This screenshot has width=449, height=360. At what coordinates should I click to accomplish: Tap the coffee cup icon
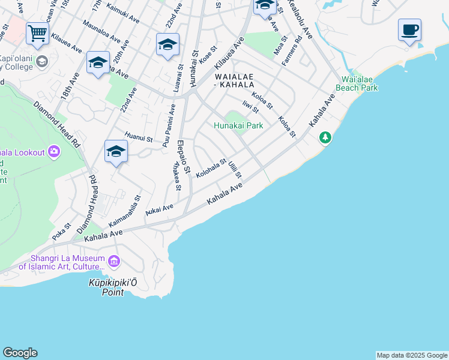coord(409,29)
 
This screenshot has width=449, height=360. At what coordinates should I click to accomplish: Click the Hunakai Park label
coord(239,126)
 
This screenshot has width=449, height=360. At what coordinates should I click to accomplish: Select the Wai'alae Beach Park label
coord(360,83)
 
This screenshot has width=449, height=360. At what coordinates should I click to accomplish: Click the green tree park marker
coord(325,139)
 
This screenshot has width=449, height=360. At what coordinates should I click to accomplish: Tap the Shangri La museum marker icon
coord(114,262)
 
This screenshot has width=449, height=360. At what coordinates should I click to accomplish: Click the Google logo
coord(20,353)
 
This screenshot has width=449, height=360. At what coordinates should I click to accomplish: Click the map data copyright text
coord(412,355)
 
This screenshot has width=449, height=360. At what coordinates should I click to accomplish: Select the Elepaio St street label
coord(184,158)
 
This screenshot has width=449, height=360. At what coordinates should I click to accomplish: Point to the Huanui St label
coord(139,137)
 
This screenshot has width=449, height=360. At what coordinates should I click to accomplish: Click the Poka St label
coord(61,232)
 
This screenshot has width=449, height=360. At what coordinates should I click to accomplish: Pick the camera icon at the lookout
coord(55,152)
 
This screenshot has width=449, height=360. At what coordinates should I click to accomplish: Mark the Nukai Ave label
coord(159,209)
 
